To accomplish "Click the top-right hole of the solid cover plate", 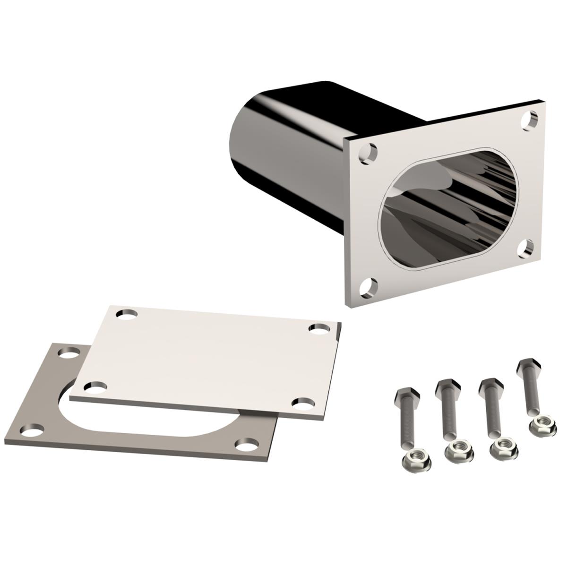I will tap(320, 327).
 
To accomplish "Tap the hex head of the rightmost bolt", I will tap(525, 366).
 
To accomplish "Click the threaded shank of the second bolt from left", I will tap(449, 416).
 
